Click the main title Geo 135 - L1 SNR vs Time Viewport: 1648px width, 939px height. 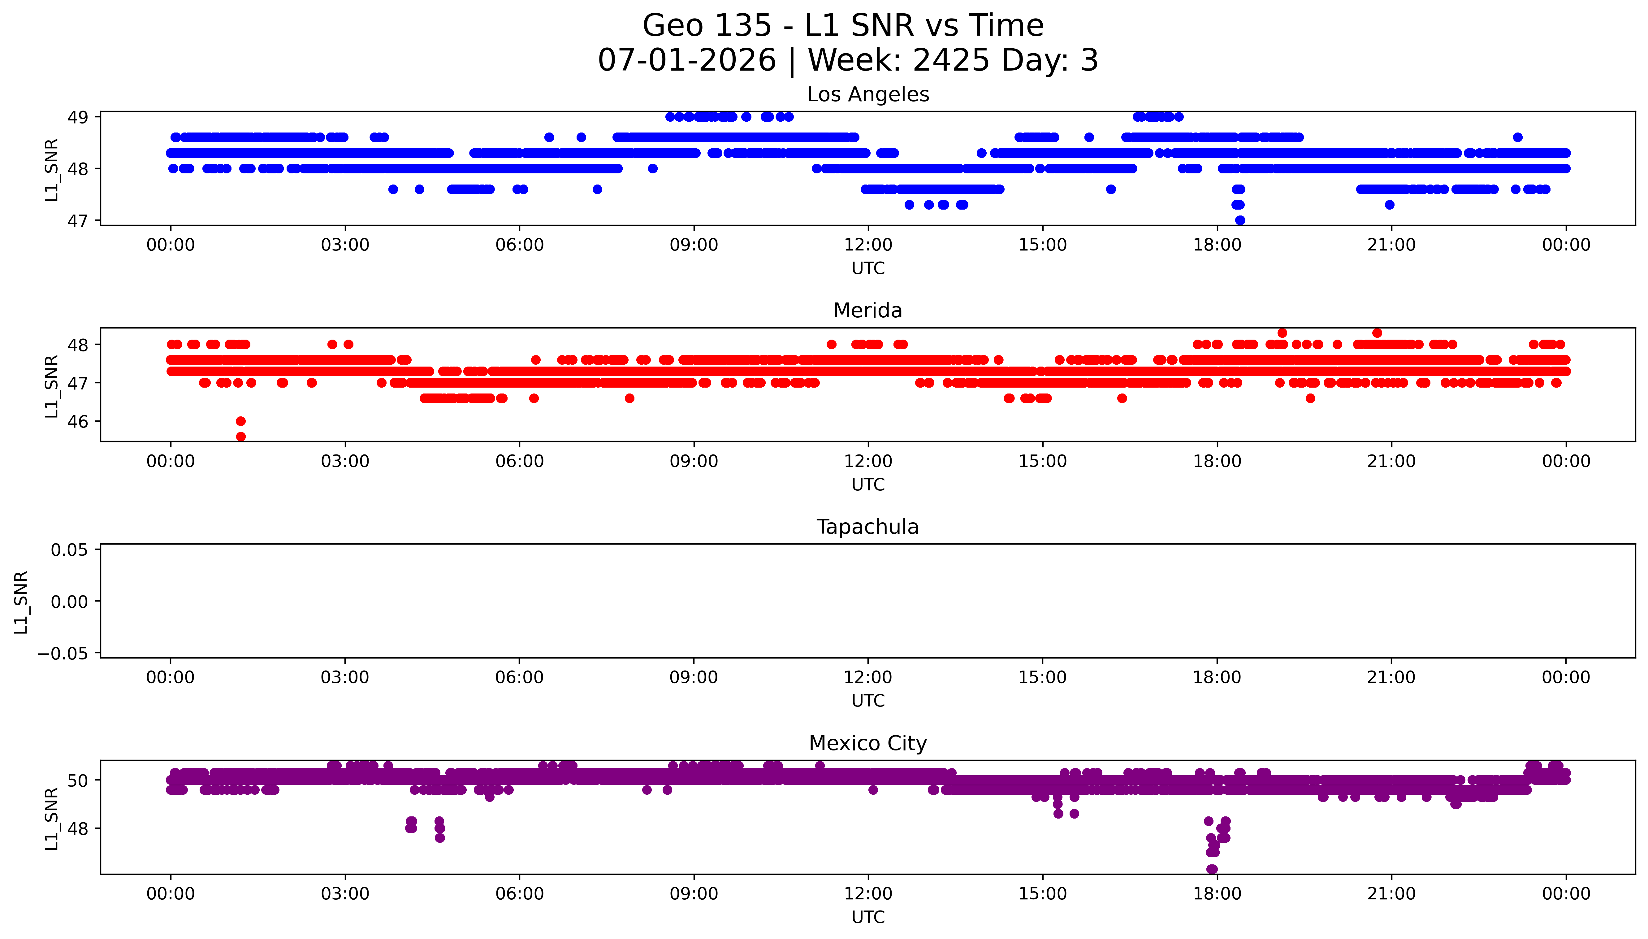(843, 26)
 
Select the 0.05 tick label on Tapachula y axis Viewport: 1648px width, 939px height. (70, 550)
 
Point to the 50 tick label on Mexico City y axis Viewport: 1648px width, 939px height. (78, 780)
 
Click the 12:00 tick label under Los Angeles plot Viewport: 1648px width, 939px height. (868, 245)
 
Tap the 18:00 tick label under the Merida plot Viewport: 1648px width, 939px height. (1217, 461)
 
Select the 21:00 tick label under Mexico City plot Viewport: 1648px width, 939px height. (1391, 894)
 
